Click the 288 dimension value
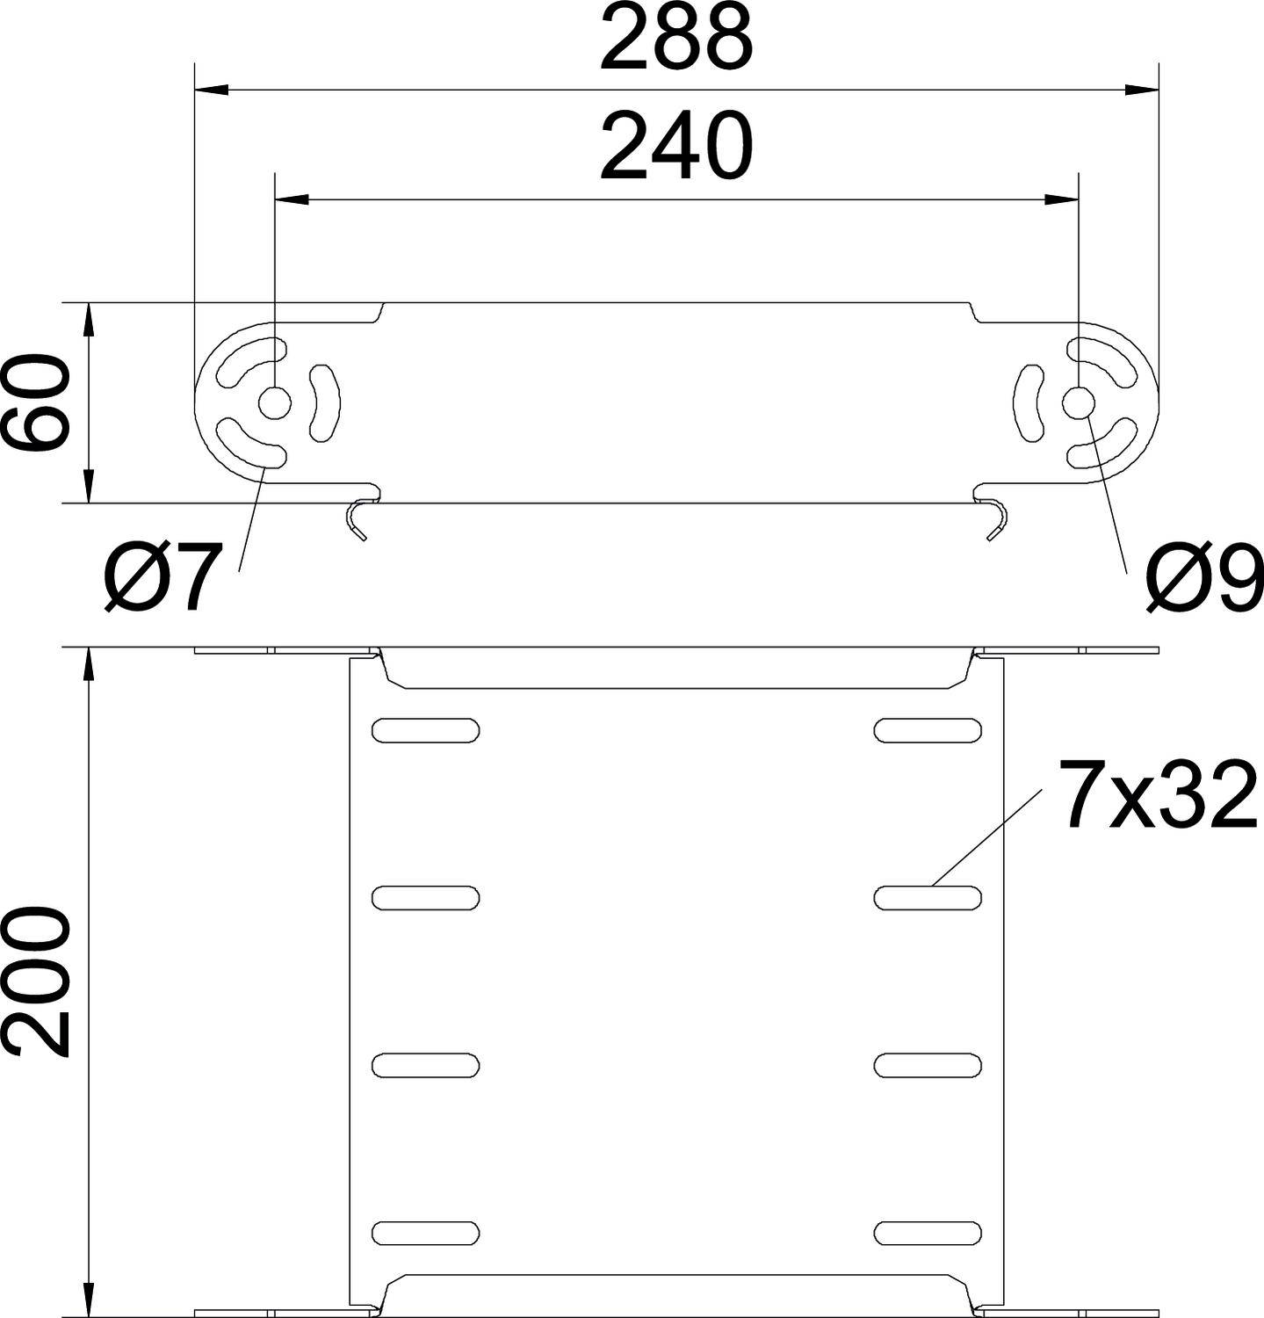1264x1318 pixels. (675, 40)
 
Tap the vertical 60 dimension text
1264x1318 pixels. (36, 403)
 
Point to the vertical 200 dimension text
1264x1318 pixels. (36, 982)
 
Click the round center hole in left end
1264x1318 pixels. (274, 403)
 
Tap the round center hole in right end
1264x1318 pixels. (1079, 403)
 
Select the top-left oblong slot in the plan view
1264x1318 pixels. (426, 729)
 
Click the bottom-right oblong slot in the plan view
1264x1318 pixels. (928, 1233)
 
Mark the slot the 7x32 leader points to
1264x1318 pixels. (928, 897)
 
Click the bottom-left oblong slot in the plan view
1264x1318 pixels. (426, 1233)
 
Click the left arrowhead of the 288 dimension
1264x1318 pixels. (211, 90)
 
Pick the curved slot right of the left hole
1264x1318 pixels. (324, 403)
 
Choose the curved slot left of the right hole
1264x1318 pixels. (1029, 403)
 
